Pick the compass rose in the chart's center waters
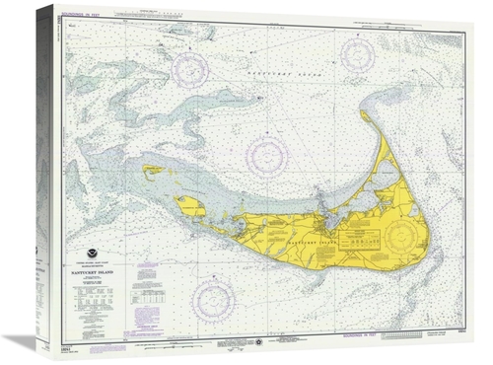[x=267, y=155]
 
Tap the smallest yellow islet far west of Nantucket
[x=152, y=169]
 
